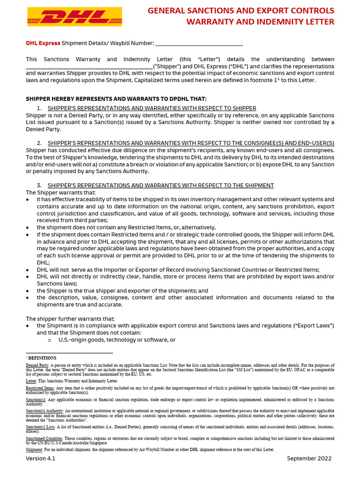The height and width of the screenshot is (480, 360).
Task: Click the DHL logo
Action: tap(74, 16)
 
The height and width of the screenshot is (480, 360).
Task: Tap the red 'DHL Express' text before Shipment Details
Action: tap(43, 43)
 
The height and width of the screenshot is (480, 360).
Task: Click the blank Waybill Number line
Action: tap(199, 44)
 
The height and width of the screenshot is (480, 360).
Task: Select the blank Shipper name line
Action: tap(89, 67)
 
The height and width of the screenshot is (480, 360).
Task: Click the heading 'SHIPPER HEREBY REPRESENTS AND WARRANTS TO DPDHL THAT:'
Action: tap(116, 99)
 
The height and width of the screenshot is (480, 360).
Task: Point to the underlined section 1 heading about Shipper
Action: tap(152, 108)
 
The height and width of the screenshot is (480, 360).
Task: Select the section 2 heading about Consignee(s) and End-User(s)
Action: tap(191, 143)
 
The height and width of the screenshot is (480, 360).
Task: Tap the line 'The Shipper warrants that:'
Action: tap(60, 193)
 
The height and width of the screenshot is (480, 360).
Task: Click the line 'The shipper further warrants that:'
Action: tap(70, 319)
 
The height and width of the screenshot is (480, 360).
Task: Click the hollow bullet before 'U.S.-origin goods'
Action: tap(49, 340)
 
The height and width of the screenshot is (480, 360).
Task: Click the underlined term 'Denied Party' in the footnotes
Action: tap(37, 365)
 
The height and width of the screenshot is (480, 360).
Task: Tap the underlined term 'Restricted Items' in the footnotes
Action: tap(40, 388)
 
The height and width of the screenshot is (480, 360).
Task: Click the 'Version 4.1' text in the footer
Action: tap(40, 458)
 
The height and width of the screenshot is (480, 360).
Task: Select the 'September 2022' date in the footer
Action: tap(309, 458)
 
